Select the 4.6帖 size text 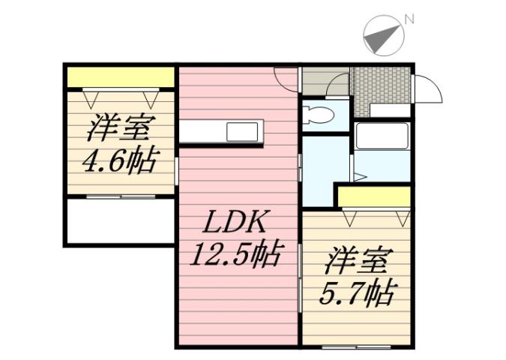point(120,161)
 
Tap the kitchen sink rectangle point(241,133)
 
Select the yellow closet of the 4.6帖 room point(120,77)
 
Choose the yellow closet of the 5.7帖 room point(374,196)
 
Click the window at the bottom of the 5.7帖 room point(356,346)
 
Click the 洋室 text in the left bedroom point(120,129)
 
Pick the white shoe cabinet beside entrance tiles point(390,111)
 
